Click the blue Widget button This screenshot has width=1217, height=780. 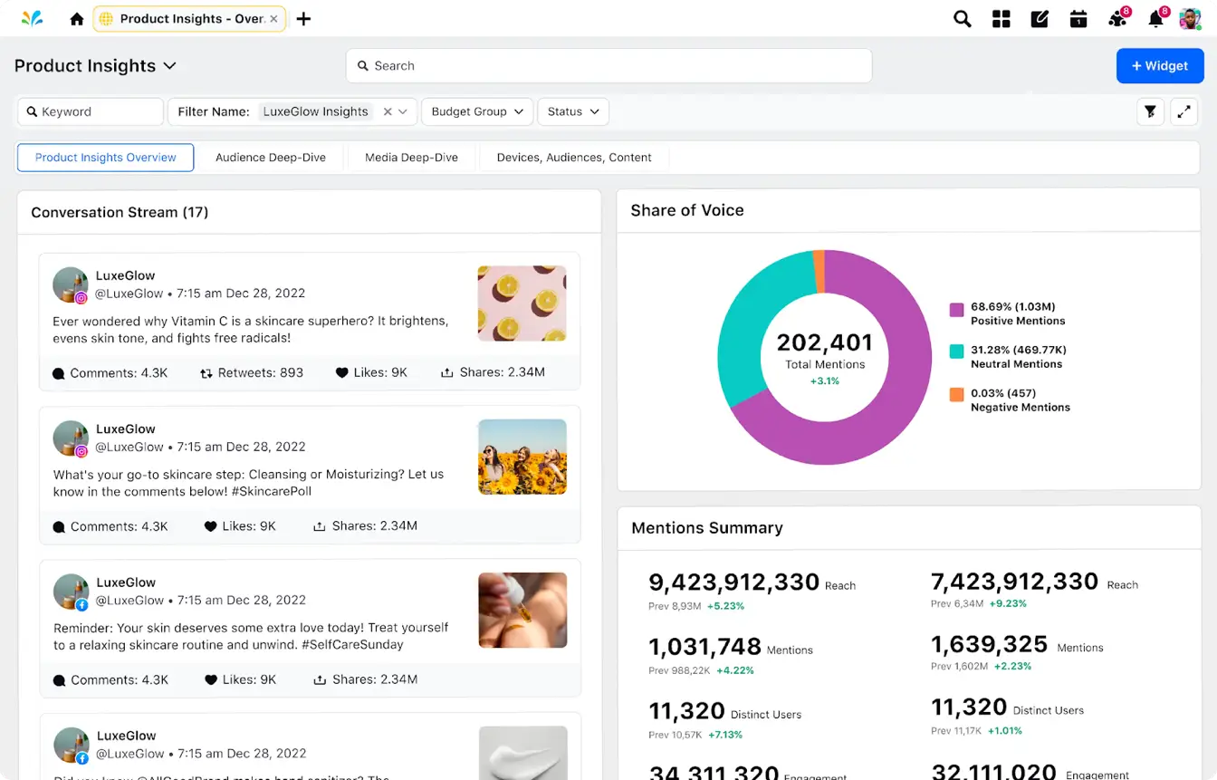(x=1159, y=66)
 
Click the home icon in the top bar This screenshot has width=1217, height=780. (x=77, y=19)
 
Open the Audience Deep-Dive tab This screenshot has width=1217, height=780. (x=270, y=158)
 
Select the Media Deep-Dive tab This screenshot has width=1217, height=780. (x=411, y=158)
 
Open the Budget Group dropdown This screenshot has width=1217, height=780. (x=477, y=111)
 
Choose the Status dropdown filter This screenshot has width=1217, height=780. (x=573, y=111)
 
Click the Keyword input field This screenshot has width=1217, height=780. (x=91, y=111)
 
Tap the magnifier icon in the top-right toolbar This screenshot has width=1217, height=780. (x=962, y=19)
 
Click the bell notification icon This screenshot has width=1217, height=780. (x=1155, y=19)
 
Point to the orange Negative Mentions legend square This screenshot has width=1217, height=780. (x=956, y=395)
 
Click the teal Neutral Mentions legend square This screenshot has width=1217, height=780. (x=956, y=351)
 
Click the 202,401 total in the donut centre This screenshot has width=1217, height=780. (x=824, y=342)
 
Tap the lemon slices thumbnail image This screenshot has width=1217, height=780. (x=522, y=303)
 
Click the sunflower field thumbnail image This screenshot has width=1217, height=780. (x=522, y=457)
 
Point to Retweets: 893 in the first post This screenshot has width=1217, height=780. (x=252, y=372)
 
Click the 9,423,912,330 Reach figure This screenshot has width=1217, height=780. (x=733, y=583)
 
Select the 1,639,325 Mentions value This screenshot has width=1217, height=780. (x=989, y=644)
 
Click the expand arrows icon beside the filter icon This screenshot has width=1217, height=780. (x=1183, y=111)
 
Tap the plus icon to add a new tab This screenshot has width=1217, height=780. (x=303, y=19)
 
